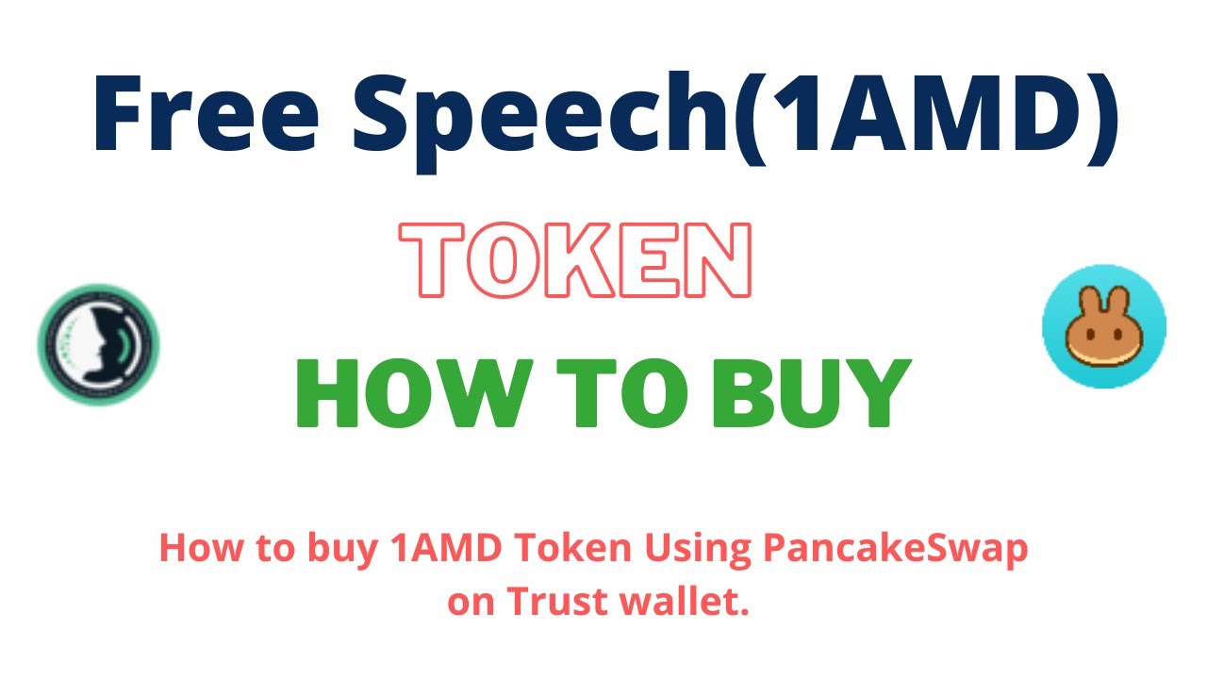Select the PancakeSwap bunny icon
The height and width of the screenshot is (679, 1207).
pyautogui.click(x=1103, y=325)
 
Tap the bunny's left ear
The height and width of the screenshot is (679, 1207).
pyautogui.click(x=1088, y=300)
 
